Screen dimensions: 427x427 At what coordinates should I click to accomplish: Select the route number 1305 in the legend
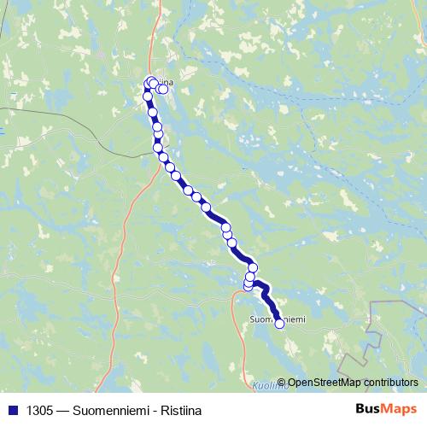37,410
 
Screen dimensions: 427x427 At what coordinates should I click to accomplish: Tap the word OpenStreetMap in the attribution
323,383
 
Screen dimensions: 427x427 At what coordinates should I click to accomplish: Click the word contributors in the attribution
389,383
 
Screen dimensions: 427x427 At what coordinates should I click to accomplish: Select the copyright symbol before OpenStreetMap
282,383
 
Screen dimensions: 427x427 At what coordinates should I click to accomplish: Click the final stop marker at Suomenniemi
279,323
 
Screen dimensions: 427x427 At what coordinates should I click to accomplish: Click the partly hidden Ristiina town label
166,83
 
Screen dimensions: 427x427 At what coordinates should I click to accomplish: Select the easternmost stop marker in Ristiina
163,89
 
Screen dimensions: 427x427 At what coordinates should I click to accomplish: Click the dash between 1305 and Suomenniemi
63,410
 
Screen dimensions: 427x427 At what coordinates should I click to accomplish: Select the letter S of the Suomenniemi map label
251,319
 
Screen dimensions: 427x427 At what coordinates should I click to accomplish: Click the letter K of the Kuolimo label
255,387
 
